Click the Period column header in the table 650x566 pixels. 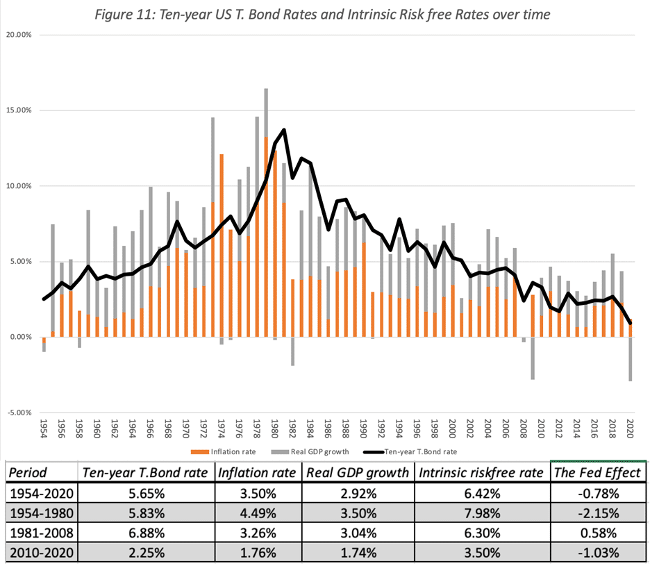(x=28, y=473)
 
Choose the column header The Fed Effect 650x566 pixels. (x=596, y=473)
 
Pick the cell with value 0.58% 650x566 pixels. (x=596, y=535)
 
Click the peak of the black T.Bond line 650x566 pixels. (x=284, y=130)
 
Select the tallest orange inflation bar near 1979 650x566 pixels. (x=266, y=236)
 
